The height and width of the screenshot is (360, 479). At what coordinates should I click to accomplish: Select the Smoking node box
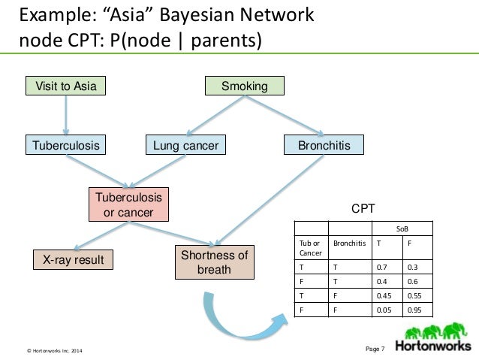[x=245, y=86]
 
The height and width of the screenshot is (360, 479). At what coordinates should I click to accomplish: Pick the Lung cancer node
[x=185, y=144]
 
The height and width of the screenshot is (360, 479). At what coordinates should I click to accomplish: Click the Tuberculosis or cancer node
[x=128, y=204]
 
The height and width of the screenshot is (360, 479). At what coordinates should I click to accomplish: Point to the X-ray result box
[x=73, y=260]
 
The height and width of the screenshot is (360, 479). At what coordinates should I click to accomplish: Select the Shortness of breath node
[x=214, y=262]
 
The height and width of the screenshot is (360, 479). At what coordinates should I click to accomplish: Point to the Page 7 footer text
[x=373, y=347]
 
